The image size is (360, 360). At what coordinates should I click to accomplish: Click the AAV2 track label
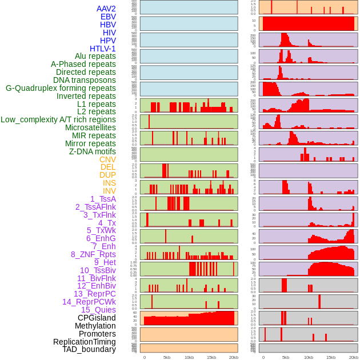pos(106,9)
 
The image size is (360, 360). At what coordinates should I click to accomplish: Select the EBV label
pos(108,17)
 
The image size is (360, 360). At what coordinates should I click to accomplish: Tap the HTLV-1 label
pos(102,49)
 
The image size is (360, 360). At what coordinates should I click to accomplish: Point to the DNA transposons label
pos(84,80)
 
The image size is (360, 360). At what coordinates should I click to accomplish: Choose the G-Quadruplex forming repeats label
pos(61,88)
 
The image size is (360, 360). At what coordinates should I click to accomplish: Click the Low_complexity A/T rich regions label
pos(58,119)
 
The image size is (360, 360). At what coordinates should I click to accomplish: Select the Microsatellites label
pos(90,127)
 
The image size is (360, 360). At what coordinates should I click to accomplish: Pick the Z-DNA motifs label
pos(92,151)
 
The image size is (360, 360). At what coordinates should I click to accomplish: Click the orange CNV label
pos(107,159)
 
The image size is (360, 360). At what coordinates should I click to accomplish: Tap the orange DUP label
pos(107,175)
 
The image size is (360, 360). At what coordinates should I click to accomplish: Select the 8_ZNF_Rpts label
pos(93,254)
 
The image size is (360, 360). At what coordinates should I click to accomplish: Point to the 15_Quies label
pos(98,310)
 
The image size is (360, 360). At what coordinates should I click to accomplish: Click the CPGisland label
pos(97,318)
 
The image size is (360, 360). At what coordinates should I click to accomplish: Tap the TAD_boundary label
pos(89,349)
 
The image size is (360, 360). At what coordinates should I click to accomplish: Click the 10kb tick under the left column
pos(189,357)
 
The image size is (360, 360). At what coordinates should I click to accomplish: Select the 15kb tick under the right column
pos(330,357)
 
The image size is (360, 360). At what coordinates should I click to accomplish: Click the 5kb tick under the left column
pos(167,357)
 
